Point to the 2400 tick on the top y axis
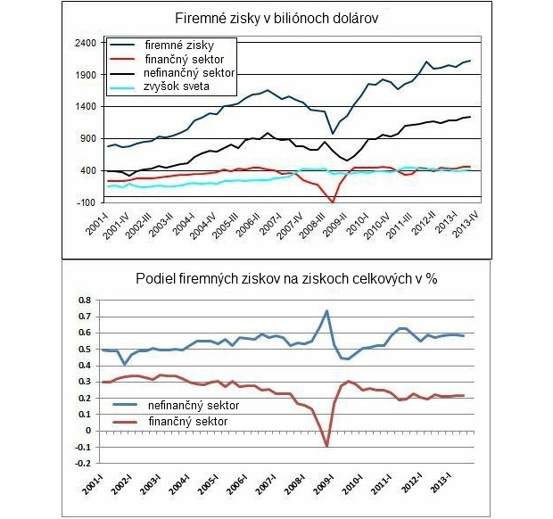pos(85,43)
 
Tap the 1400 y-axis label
pos(85,107)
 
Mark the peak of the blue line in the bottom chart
pos(327,310)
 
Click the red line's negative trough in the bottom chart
pos(327,446)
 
